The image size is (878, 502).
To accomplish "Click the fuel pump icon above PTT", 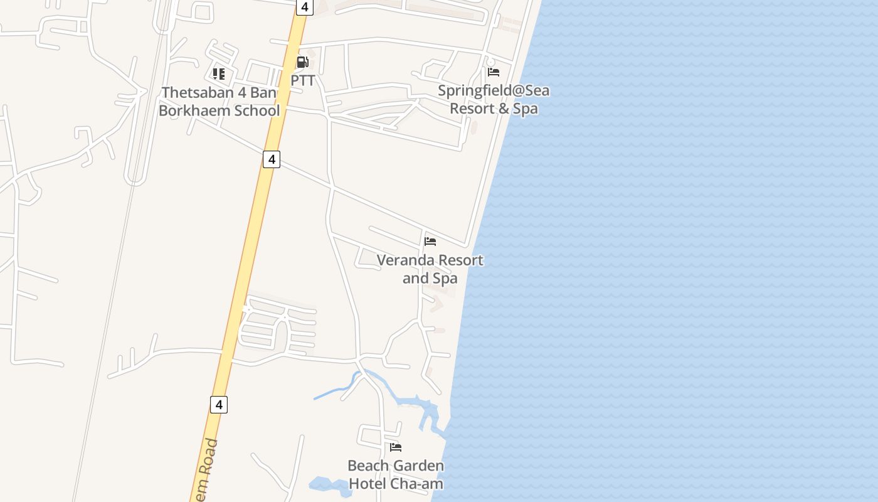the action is (x=303, y=62).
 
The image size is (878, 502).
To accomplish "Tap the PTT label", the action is (x=303, y=81).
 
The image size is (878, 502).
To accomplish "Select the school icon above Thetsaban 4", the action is (x=219, y=74).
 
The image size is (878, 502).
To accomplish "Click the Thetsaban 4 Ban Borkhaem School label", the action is (x=219, y=102).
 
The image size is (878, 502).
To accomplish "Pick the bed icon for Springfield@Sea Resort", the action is (x=494, y=72).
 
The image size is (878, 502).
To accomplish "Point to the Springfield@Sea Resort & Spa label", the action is (x=494, y=99).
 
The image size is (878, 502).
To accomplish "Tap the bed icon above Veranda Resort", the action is (x=430, y=241).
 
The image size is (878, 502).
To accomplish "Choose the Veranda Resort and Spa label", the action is (x=430, y=269).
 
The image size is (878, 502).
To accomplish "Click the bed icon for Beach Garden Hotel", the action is (x=396, y=447).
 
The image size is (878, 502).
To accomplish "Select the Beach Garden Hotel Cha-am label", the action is (x=396, y=474).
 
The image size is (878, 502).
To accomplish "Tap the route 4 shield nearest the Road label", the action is (x=219, y=405).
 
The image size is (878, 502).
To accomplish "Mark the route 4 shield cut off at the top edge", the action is (x=304, y=7).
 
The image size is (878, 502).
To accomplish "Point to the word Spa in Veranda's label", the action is (x=445, y=278).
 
